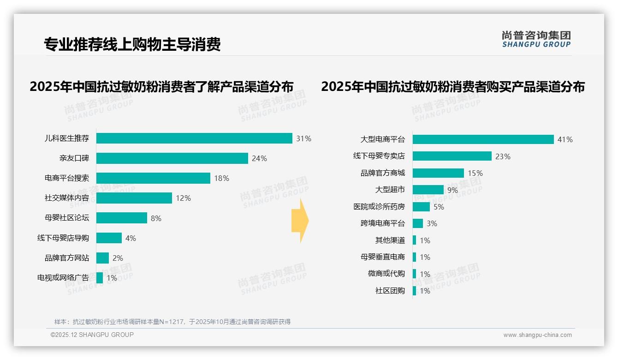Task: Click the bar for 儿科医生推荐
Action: click(194, 138)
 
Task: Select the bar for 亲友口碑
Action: click(172, 158)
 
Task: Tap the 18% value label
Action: click(221, 178)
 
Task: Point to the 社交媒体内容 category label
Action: click(67, 198)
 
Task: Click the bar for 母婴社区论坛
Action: click(122, 218)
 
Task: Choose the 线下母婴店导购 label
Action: click(63, 238)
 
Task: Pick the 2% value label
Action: click(118, 258)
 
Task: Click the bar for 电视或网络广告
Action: click(100, 278)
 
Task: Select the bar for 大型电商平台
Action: click(483, 139)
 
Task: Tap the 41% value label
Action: click(565, 139)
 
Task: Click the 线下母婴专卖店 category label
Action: click(379, 156)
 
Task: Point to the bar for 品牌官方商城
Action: click(438, 173)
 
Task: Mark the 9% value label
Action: click(452, 190)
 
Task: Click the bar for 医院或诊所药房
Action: click(421, 207)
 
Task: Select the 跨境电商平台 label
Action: click(383, 223)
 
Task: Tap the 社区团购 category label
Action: click(390, 291)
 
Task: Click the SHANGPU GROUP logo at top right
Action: click(536, 39)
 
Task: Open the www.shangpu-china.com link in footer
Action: click(537, 335)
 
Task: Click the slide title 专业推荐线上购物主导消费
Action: click(132, 44)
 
